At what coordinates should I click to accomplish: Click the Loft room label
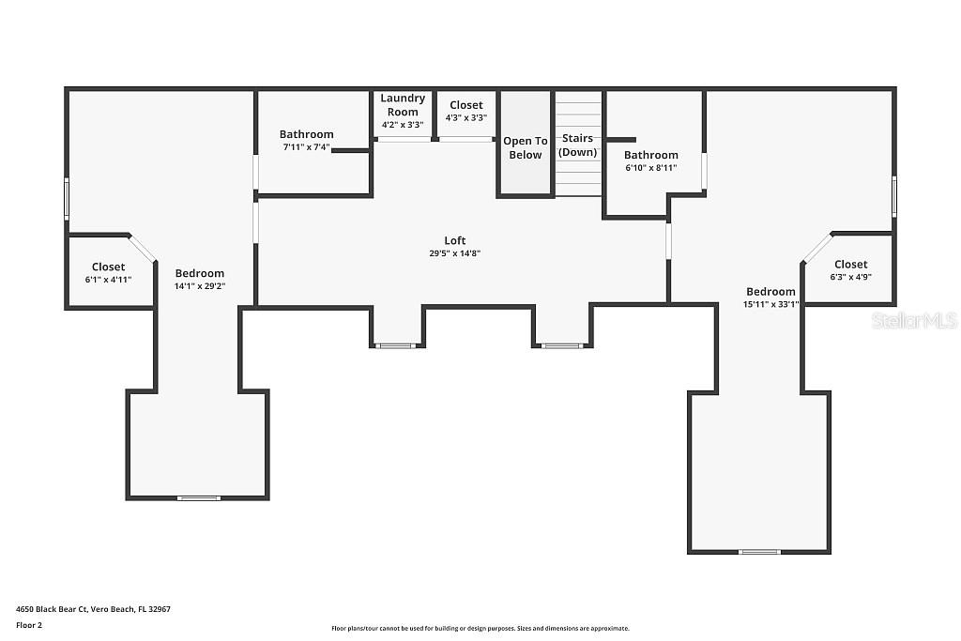click(x=455, y=241)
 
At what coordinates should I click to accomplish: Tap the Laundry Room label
click(x=403, y=105)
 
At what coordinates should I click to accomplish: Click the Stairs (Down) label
click(x=577, y=145)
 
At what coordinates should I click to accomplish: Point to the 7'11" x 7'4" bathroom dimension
click(x=307, y=147)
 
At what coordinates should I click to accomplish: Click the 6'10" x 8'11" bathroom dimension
click(x=651, y=167)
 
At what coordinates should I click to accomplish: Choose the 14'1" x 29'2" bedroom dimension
click(x=200, y=285)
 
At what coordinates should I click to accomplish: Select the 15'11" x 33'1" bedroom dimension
click(x=771, y=304)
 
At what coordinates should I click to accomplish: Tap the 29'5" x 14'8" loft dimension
click(x=455, y=253)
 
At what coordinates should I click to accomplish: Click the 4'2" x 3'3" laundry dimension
click(x=403, y=125)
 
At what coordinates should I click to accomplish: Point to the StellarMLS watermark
click(x=914, y=321)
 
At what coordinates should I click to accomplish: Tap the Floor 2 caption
click(x=29, y=625)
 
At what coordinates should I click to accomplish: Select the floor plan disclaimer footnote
click(x=480, y=628)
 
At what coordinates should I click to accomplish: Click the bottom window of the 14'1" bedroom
click(x=199, y=498)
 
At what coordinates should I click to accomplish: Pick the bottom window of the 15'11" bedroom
click(x=759, y=552)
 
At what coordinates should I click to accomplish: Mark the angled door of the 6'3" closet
click(x=817, y=248)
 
